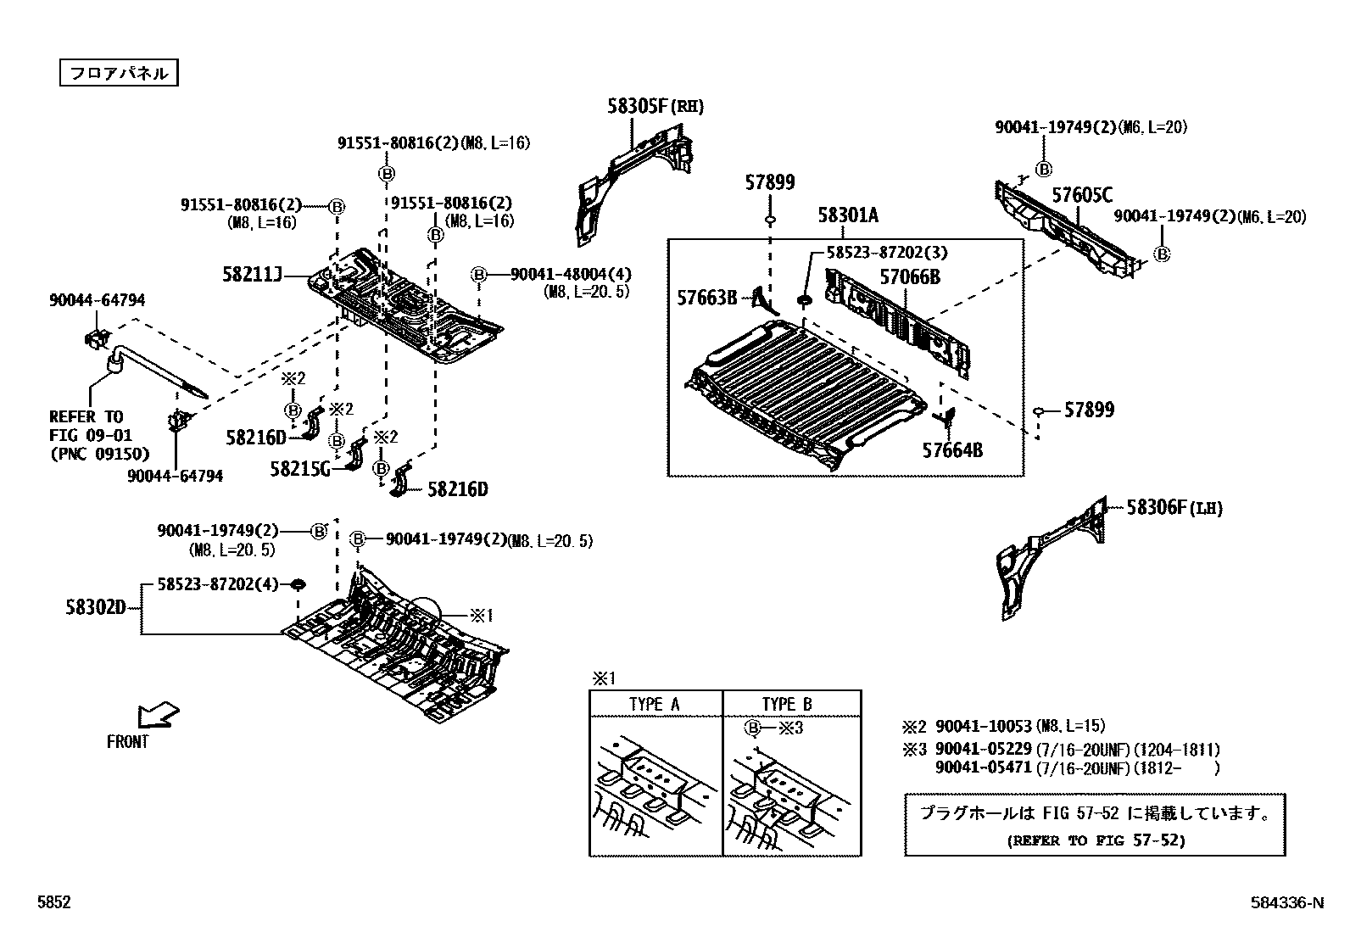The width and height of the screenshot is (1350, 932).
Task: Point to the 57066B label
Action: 909,276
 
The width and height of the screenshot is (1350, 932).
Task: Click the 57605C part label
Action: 1081,195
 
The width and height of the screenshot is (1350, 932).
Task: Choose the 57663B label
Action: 707,297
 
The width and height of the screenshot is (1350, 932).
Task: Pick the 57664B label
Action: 952,449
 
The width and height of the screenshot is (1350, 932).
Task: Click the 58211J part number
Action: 252,274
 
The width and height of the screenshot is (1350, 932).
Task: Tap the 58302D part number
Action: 96,607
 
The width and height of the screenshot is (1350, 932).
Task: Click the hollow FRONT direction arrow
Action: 159,714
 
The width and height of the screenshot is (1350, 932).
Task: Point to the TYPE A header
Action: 654,704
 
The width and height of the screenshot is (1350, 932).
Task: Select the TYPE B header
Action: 786,704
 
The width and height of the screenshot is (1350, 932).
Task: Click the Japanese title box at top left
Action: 119,73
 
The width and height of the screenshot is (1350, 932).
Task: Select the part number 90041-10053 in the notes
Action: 984,727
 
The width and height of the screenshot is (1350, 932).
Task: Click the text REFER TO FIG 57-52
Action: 1095,840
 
